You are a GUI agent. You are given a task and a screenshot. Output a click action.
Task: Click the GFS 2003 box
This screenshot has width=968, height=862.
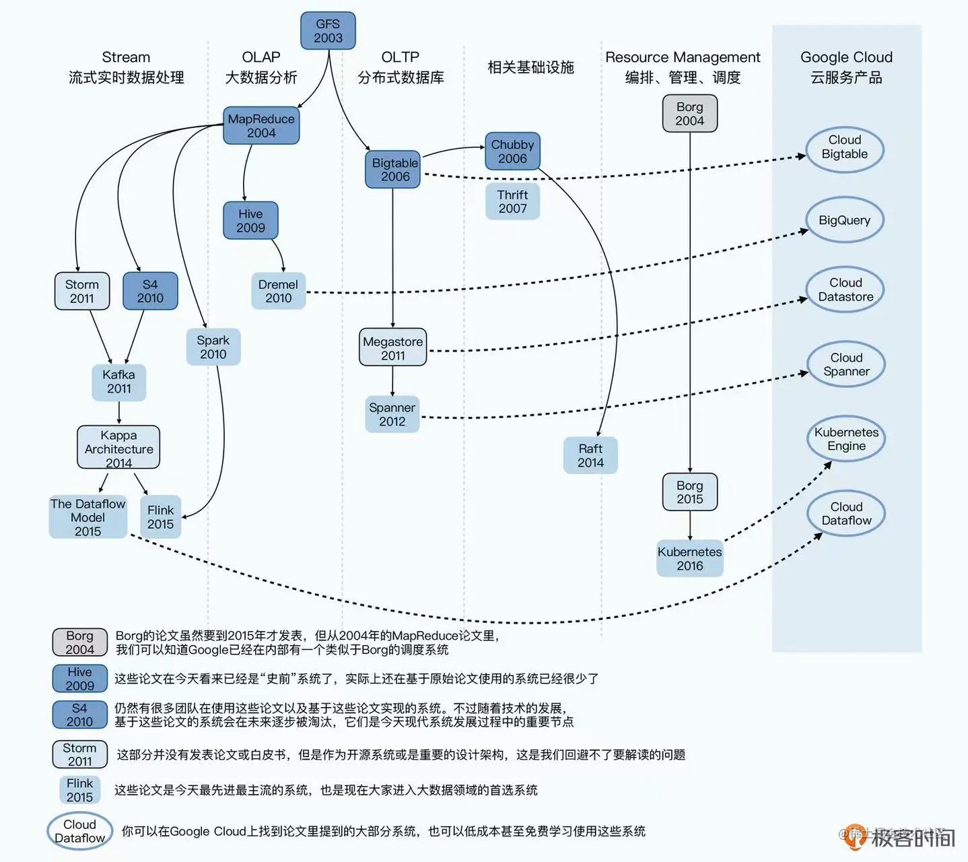pos(328,31)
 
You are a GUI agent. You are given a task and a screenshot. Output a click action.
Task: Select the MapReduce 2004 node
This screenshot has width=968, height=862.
pos(261,126)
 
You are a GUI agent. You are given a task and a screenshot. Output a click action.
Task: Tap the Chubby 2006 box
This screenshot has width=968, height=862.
pos(512,152)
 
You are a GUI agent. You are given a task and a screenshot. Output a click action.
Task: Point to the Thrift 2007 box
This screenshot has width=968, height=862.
pos(512,201)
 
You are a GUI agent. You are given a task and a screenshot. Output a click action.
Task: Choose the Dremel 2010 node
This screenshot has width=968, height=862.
pos(278,291)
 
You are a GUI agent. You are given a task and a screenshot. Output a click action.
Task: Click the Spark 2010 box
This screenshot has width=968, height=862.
pos(213,347)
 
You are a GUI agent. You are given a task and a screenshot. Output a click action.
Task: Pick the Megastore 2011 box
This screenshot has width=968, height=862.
pos(393,348)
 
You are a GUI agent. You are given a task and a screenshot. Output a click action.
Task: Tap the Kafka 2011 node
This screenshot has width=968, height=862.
pos(119,382)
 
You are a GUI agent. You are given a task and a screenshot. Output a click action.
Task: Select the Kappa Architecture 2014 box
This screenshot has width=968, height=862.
pos(118,448)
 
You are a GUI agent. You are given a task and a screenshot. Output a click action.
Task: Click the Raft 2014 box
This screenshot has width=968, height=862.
pos(590,455)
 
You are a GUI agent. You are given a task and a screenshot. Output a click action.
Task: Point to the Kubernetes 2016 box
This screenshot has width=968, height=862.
pos(689,558)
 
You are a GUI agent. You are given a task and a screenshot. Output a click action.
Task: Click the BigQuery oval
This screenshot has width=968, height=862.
pos(844,220)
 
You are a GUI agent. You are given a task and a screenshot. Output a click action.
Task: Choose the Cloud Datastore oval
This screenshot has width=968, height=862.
pos(845,290)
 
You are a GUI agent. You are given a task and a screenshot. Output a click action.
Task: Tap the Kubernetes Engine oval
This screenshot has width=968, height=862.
pos(846,439)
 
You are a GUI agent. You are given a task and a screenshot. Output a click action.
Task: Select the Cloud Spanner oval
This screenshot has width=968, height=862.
pos(846,364)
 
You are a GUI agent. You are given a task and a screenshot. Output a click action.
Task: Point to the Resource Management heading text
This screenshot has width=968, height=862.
pos(683,58)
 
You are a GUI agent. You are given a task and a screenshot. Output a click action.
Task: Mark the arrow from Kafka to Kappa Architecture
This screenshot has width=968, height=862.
pos(119,413)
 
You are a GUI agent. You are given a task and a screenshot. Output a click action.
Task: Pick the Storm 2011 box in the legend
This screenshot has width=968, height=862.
pos(79,754)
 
